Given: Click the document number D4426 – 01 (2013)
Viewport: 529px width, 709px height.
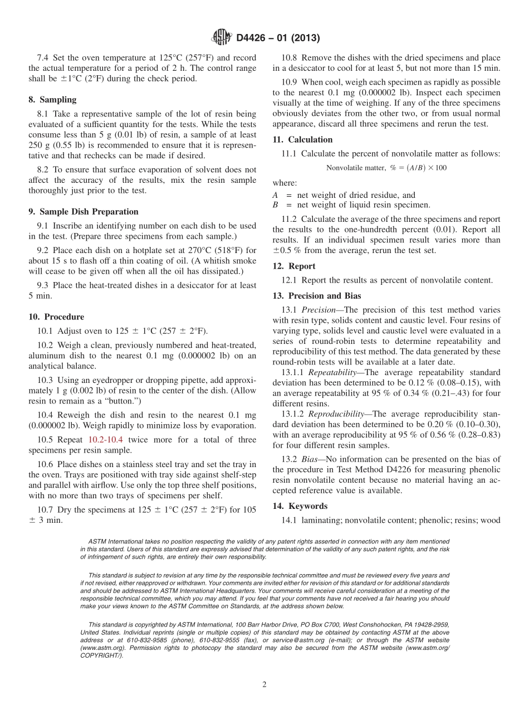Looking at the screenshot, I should coord(277,38).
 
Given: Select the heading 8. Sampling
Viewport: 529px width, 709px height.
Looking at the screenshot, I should coord(52,100).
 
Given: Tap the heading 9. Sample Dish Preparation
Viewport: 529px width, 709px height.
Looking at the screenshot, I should coord(84,212).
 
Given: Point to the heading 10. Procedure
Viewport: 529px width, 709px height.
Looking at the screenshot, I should coord(56,317).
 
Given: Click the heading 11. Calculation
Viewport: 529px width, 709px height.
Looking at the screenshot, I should coord(302,140).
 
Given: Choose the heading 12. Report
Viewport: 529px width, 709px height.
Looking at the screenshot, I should coord(294,266).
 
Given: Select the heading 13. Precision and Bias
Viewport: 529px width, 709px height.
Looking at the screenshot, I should coord(317,296).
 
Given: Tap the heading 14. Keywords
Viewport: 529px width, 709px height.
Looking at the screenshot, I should coord(300,506).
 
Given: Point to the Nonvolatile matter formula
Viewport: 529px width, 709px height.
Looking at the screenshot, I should coord(386,167).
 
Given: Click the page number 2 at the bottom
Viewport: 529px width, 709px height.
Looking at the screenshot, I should coord(264,684).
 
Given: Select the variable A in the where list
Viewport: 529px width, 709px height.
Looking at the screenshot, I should coord(275,195).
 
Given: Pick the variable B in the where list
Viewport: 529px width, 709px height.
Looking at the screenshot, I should coord(275,205).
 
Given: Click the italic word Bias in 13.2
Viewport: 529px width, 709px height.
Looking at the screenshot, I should coord(310,459).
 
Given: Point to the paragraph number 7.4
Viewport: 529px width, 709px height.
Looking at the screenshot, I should coord(43,58).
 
